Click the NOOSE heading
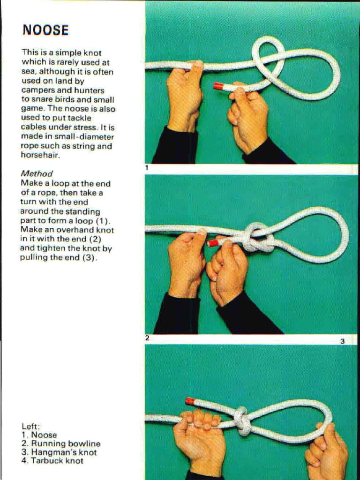[x=45, y=30]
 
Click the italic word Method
[x=37, y=173]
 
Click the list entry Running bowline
[x=65, y=443]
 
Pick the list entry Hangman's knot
[x=64, y=452]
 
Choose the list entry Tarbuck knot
[x=57, y=461]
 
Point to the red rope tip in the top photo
[x=218, y=86]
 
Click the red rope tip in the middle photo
[x=212, y=242]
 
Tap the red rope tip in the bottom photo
[x=190, y=401]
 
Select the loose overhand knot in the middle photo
[x=258, y=238]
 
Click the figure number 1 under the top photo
[x=147, y=167]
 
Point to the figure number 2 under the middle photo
[x=147, y=337]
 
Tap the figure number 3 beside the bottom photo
[x=343, y=341]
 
